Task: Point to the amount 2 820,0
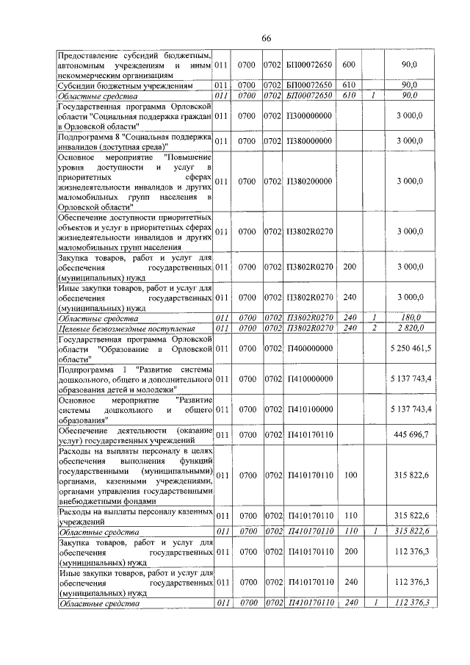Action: tap(411, 328)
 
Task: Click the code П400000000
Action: tap(309, 348)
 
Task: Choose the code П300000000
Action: tap(309, 116)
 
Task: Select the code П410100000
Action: tap(309, 409)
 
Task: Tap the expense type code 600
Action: tap(350, 65)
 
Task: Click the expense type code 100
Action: tap(350, 475)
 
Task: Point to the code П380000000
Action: tap(309, 140)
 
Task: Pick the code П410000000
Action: tap(309, 378)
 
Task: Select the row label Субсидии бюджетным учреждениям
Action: tap(110, 85)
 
